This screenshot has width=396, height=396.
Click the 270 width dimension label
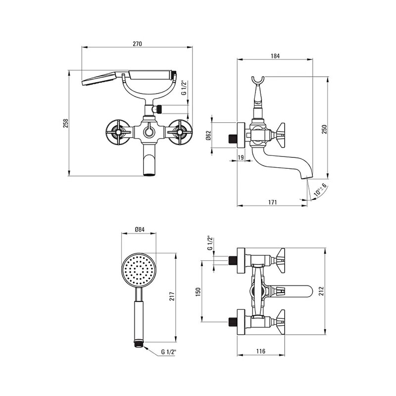[138, 44]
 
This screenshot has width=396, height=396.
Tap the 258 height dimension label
[66, 123]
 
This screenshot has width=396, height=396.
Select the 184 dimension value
[275, 56]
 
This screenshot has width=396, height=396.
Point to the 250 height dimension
[325, 129]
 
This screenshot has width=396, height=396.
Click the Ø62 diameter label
[208, 135]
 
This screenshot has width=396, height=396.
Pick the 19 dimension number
[241, 157]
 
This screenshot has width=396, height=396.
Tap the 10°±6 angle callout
[320, 190]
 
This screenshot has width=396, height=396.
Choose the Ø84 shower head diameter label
[140, 230]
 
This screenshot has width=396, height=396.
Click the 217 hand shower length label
[172, 296]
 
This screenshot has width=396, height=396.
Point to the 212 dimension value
[321, 291]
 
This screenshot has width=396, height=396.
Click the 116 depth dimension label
[261, 351]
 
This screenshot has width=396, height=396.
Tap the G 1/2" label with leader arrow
[168, 352]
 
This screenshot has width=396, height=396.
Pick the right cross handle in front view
[180, 132]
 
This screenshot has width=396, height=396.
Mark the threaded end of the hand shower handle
[139, 344]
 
